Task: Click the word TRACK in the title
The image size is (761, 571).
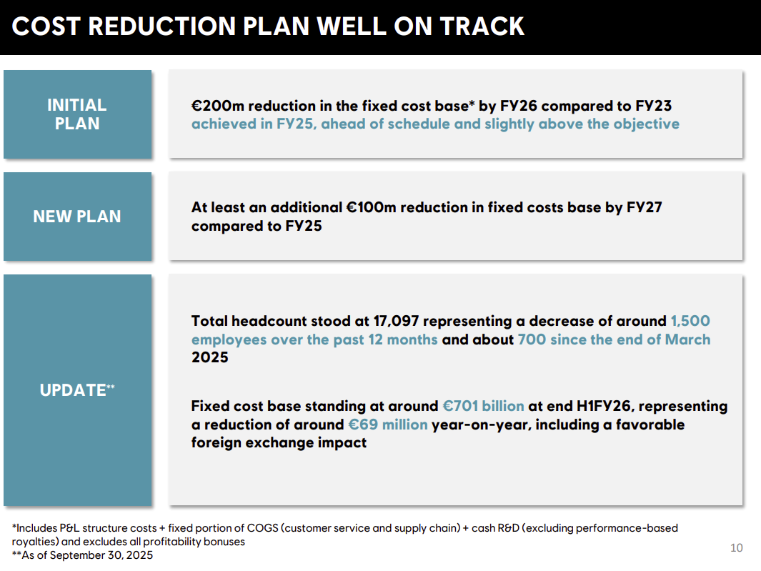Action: coord(482,26)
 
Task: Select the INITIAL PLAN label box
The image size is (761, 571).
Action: coord(78,114)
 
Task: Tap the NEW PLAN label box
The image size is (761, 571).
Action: coord(78,217)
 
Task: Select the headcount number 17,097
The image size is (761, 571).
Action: coord(396,322)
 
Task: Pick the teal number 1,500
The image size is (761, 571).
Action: coord(690,321)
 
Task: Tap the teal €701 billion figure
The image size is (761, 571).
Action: coord(483,406)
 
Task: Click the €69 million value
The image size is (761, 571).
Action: coord(388,424)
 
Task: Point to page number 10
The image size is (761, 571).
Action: coord(736,547)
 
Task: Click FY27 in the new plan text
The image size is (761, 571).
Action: coord(644,207)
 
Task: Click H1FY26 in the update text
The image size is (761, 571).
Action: coord(605,406)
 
